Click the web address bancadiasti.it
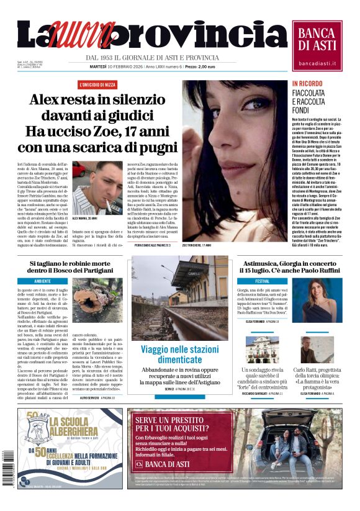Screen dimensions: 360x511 point(317,63)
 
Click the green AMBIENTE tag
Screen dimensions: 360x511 point(43,281)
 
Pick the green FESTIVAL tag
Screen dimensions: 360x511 point(249,281)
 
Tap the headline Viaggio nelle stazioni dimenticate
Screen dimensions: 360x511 point(179,354)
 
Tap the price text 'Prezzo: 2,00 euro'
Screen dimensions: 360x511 point(200,66)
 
